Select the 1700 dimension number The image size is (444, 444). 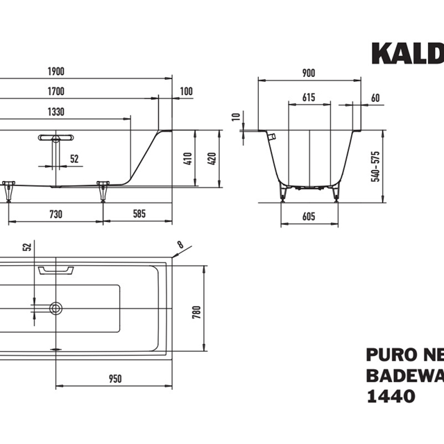point(57,92)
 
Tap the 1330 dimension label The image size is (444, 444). point(57,111)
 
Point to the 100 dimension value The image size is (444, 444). point(186,92)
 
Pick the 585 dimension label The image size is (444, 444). point(139,215)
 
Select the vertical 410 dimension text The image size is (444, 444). point(187,158)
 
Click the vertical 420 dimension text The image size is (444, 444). point(212,158)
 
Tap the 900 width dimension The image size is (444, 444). point(309,72)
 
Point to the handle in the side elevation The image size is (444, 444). point(56,137)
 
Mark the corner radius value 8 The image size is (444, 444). point(181,244)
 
